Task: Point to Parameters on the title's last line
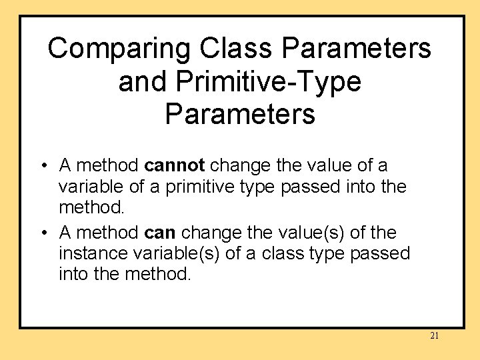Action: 240,114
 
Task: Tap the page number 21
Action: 434,336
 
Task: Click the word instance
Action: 91,254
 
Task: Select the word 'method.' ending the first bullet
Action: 91,208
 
